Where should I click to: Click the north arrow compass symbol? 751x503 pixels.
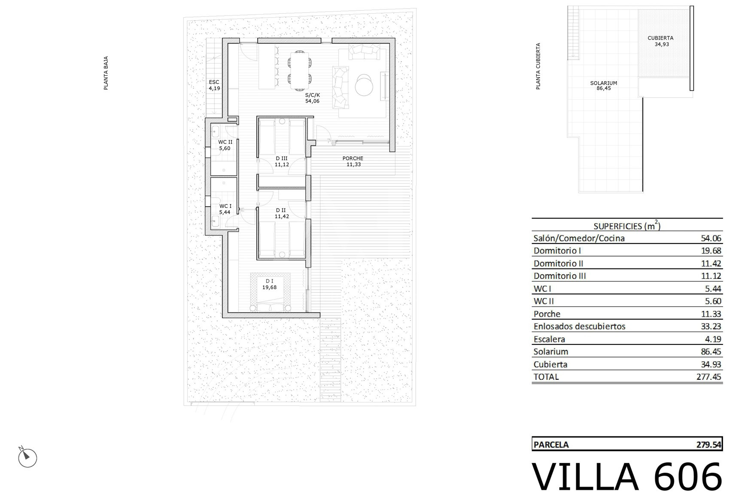(x=27, y=457)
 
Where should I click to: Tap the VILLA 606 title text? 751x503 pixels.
(x=627, y=477)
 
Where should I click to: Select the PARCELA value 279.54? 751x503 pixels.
(x=708, y=445)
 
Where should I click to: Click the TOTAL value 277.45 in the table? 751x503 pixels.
(x=708, y=377)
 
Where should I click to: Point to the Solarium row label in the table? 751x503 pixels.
(x=551, y=351)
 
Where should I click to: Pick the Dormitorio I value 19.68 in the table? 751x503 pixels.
(x=711, y=250)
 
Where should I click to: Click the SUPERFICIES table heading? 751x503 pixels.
(x=627, y=226)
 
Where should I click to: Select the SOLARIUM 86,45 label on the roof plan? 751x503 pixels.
(x=603, y=85)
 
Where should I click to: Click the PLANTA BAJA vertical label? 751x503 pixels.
(x=106, y=73)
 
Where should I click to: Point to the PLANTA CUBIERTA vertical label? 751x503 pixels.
(x=538, y=66)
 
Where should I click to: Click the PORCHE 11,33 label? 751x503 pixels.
(x=353, y=161)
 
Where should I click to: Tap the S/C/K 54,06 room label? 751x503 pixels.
(x=313, y=98)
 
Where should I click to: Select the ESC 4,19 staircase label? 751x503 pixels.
(x=214, y=85)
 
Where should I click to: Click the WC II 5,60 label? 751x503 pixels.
(x=225, y=145)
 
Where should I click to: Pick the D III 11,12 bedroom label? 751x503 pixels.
(x=282, y=161)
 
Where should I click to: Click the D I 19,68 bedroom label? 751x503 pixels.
(x=270, y=284)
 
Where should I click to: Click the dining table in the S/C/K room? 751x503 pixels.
(x=299, y=70)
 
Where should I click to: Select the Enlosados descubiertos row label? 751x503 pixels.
(x=579, y=326)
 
